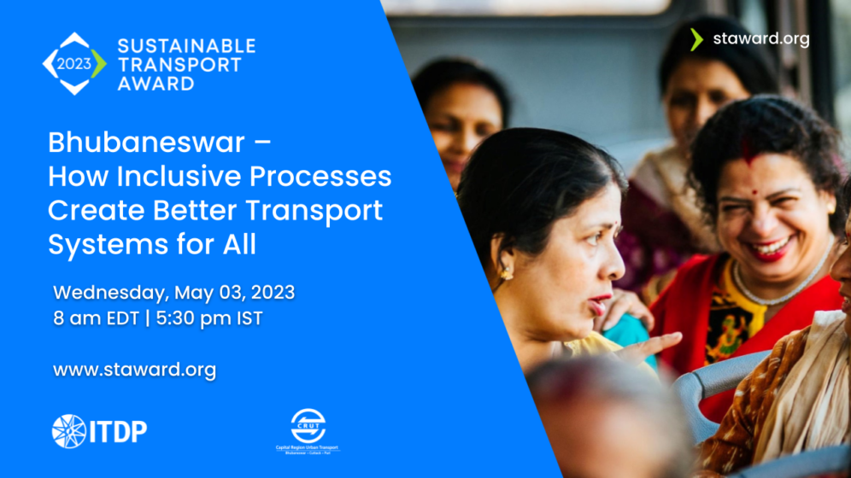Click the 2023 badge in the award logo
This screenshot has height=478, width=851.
[74, 63]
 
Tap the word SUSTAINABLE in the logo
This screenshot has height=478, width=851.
[185, 45]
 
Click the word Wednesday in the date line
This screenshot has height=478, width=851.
[111, 293]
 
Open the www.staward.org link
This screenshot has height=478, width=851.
[134, 370]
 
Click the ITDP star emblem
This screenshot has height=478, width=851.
[69, 431]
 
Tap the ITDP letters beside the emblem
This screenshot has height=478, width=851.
[118, 432]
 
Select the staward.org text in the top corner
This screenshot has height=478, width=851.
[760, 39]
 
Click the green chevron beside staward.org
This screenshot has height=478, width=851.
[696, 39]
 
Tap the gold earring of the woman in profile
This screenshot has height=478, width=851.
[507, 272]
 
